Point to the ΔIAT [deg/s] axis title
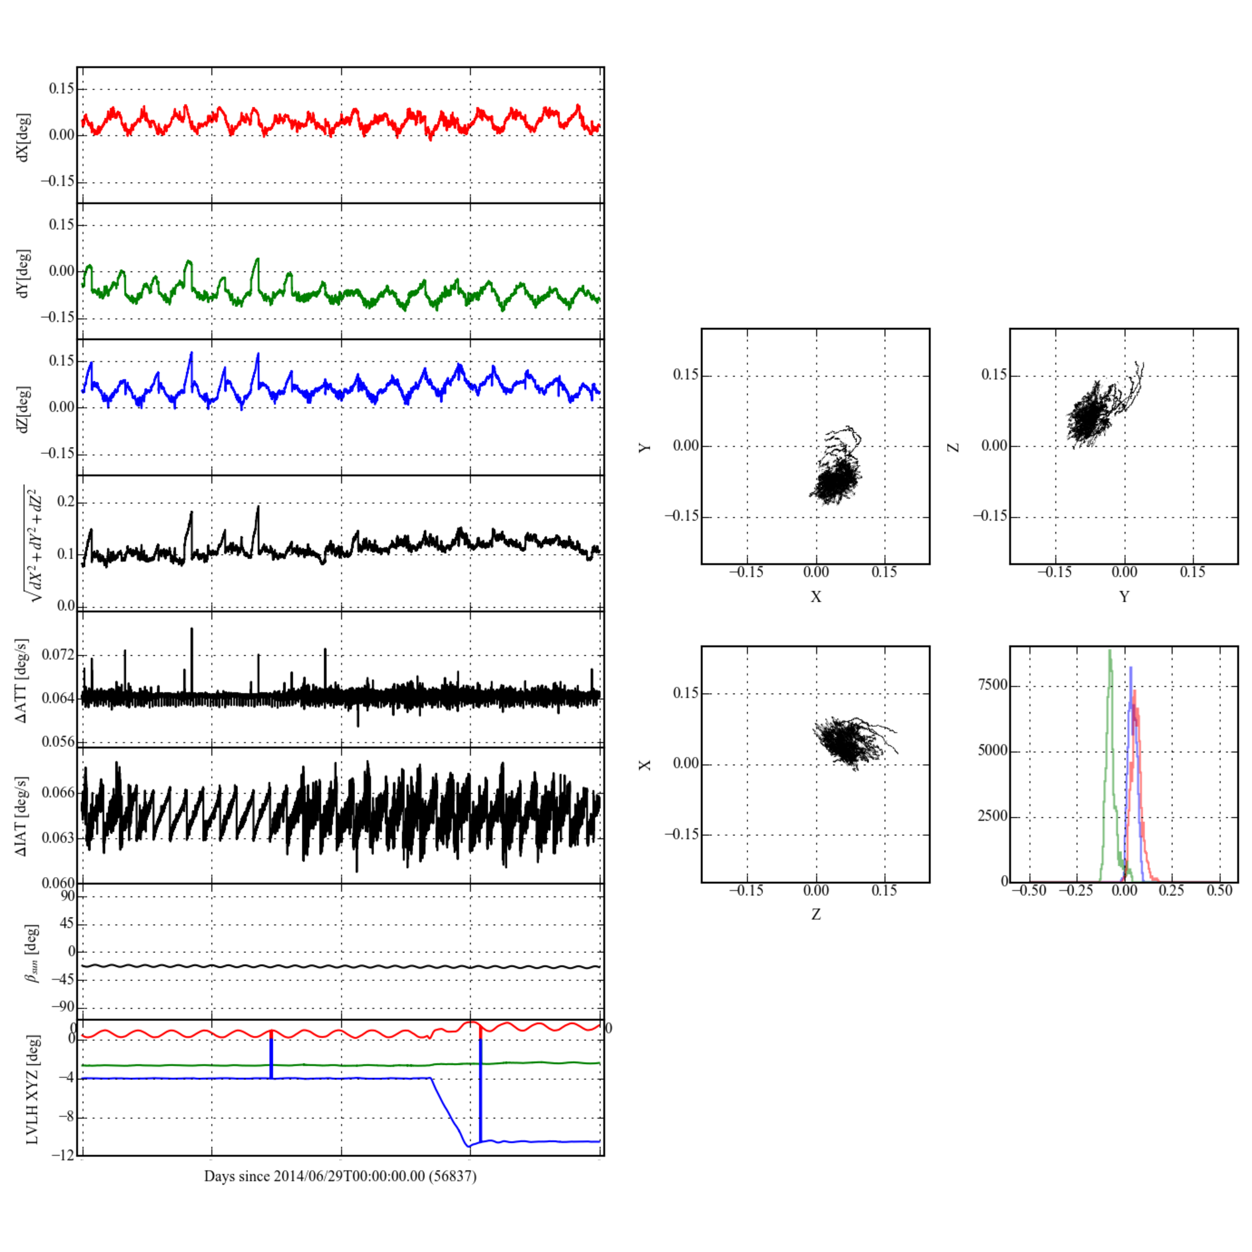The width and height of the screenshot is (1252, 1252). (x=22, y=816)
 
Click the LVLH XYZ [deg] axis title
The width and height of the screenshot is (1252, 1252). (x=32, y=1089)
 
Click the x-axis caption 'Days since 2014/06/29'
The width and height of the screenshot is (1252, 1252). (x=340, y=1176)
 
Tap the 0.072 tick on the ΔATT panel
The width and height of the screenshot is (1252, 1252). (x=58, y=655)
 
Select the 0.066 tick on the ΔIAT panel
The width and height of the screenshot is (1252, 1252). (x=58, y=793)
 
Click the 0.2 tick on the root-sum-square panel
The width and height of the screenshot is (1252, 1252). (x=67, y=502)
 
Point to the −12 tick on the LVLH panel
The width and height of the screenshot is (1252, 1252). (x=63, y=1156)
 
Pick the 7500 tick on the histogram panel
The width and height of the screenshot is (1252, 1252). (x=992, y=685)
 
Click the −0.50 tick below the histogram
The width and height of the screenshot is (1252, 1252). (x=1029, y=890)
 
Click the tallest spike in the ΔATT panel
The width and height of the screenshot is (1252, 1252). (x=192, y=629)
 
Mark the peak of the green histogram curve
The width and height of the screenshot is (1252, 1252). (x=1109, y=650)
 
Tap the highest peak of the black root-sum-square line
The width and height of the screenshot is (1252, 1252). (x=258, y=507)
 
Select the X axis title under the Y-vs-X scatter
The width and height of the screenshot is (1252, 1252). (x=815, y=597)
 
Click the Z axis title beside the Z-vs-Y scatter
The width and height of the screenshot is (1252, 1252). (x=953, y=447)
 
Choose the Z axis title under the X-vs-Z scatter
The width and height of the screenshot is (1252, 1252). (x=815, y=915)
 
